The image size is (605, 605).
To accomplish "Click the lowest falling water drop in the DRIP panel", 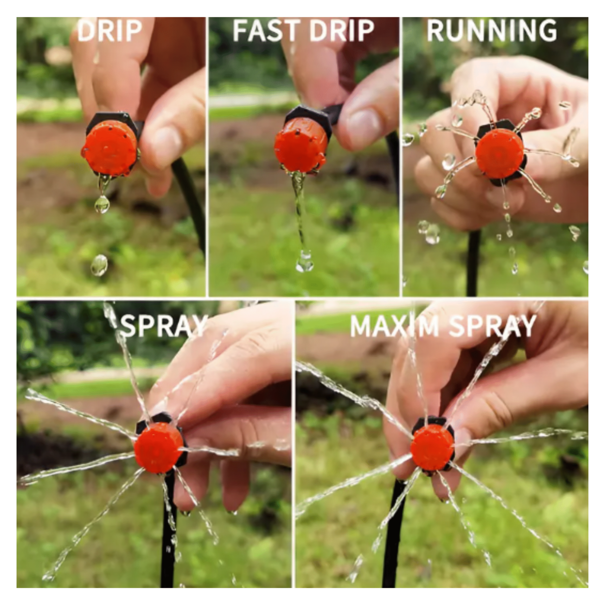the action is pyautogui.click(x=99, y=265).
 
